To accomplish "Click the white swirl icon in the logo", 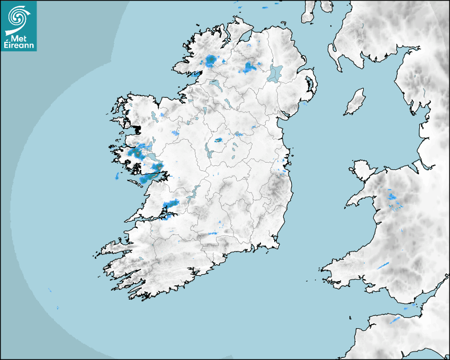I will pyautogui.click(x=17, y=17).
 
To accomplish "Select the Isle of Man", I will pyautogui.click(x=355, y=102).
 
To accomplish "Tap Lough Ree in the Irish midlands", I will pyautogui.click(x=209, y=152).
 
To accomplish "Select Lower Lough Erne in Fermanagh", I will pyautogui.click(x=215, y=84).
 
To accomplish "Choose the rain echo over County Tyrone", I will pyautogui.click(x=249, y=67).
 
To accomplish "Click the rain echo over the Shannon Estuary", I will pyautogui.click(x=171, y=204).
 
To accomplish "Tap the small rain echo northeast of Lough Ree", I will pyautogui.click(x=218, y=140).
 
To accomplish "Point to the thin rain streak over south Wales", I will pyautogui.click(x=383, y=265).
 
